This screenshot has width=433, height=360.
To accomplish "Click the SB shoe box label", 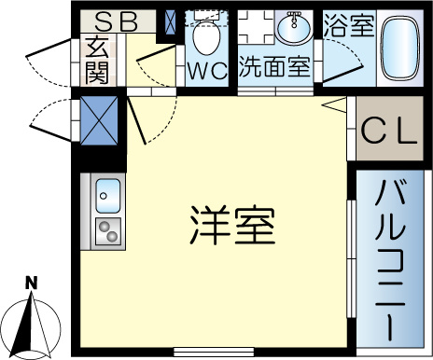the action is coord(116,21).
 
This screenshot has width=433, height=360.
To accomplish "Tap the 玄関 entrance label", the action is coord(97,61).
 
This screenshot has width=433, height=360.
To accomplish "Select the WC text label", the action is coord(207,71).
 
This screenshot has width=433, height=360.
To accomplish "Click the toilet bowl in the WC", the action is coord(207,36).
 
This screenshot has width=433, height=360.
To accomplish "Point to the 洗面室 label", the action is coord(275,66).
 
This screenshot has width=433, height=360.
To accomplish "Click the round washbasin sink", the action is coord(294,30).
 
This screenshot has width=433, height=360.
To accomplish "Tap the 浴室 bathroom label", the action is coord(349,25).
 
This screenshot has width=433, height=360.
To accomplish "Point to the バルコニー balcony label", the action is coord(391,260).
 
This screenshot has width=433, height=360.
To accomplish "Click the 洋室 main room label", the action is coord(232,225).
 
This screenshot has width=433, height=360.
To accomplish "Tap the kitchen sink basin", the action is coord(108,196).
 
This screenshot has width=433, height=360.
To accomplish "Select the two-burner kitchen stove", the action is coord(108,231).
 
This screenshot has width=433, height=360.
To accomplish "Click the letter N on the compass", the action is coord(31,283).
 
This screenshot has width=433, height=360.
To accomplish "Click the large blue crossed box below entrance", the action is coord(99,120).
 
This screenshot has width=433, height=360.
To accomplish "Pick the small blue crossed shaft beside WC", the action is coord(170,22).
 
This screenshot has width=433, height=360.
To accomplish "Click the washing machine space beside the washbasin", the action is coord(256,27).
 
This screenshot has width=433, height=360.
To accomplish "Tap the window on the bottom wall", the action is coord(214,352).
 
